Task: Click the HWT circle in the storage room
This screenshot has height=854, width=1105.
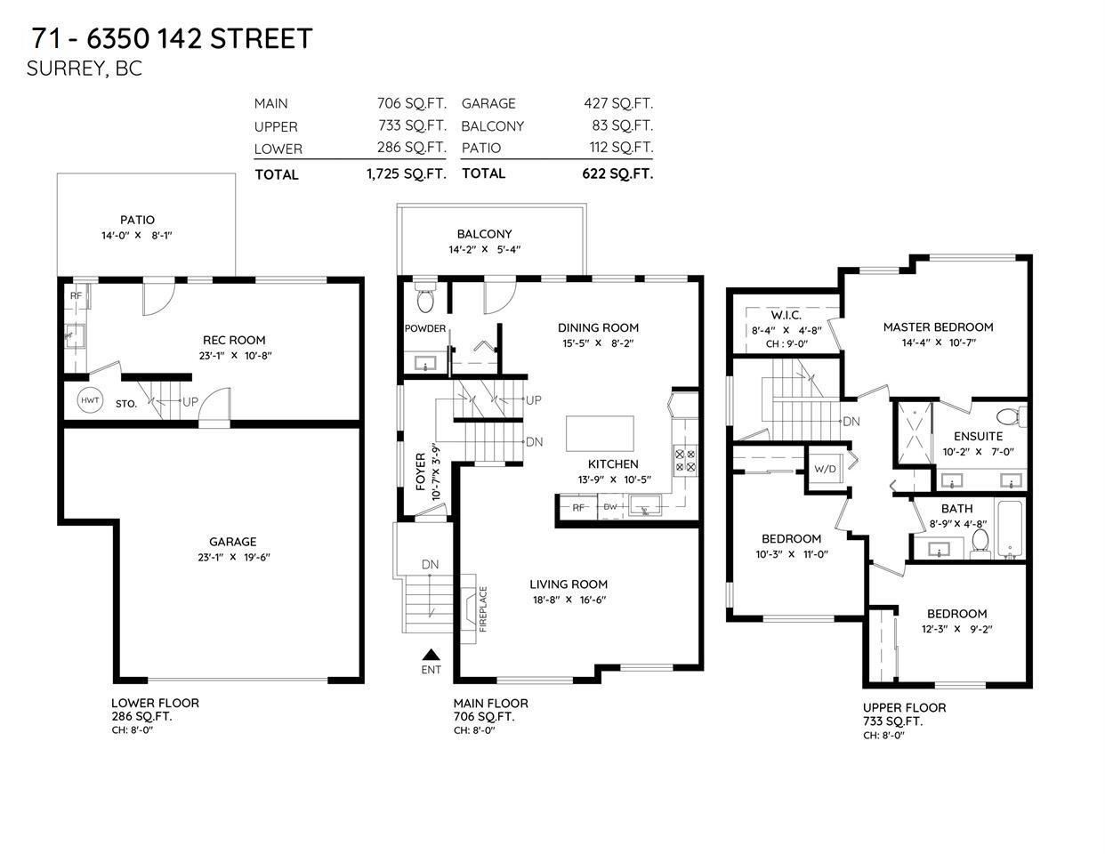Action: tap(90, 401)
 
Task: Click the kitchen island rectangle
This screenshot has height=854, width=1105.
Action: tap(601, 433)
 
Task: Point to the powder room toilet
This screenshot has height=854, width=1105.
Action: tap(424, 300)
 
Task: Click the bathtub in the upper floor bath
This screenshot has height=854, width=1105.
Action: tap(1011, 530)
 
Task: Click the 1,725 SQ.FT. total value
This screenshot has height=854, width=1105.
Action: tap(406, 174)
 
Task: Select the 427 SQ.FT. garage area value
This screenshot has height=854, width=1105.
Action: tap(617, 103)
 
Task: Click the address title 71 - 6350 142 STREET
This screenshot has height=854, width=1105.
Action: tap(172, 38)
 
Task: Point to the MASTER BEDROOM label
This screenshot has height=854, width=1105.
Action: tap(938, 326)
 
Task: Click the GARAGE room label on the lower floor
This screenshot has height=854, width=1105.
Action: tap(232, 542)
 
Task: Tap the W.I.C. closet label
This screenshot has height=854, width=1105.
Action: tap(786, 315)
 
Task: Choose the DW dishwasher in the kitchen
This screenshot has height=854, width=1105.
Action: tap(610, 507)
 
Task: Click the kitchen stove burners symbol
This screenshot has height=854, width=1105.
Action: tap(686, 460)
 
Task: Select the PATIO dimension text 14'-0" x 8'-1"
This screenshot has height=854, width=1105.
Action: tap(137, 237)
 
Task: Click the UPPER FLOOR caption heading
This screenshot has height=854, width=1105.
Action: tap(904, 707)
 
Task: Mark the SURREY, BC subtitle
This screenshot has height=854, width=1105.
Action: tap(85, 68)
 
